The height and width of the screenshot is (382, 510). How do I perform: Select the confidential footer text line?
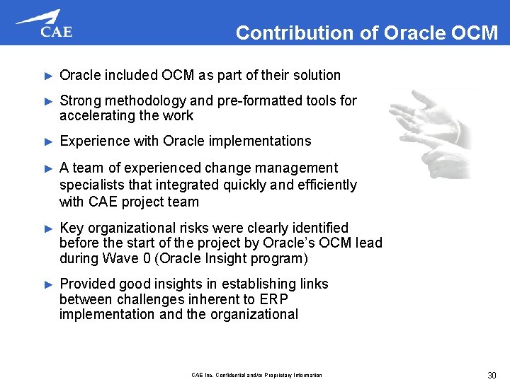click(256, 375)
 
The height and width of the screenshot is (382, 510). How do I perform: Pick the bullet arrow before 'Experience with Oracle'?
click(48, 141)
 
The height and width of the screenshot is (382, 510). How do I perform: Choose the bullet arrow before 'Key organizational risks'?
click(48, 228)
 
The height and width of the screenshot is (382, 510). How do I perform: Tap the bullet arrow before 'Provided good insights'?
click(48, 284)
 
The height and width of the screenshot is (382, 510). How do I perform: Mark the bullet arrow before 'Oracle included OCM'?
click(48, 76)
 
